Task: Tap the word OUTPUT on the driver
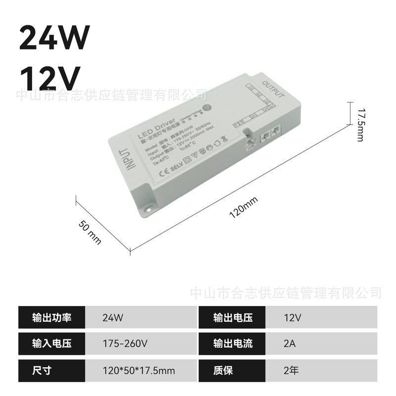click(273, 88)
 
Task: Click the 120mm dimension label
click(244, 207)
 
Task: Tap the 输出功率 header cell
click(51, 317)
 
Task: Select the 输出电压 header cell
click(233, 317)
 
